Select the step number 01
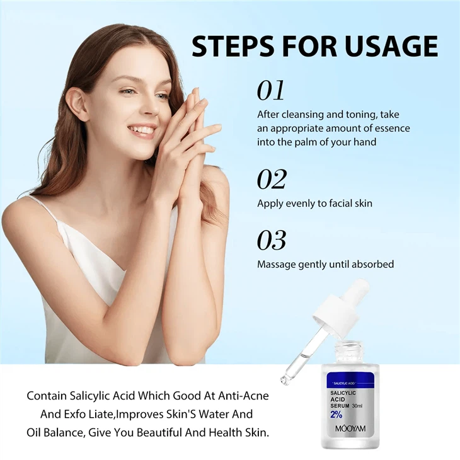click(271, 91)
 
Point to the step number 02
click(272, 180)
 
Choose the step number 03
click(272, 240)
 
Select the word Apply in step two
click(270, 204)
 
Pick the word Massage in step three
click(276, 264)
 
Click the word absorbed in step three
click(372, 264)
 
